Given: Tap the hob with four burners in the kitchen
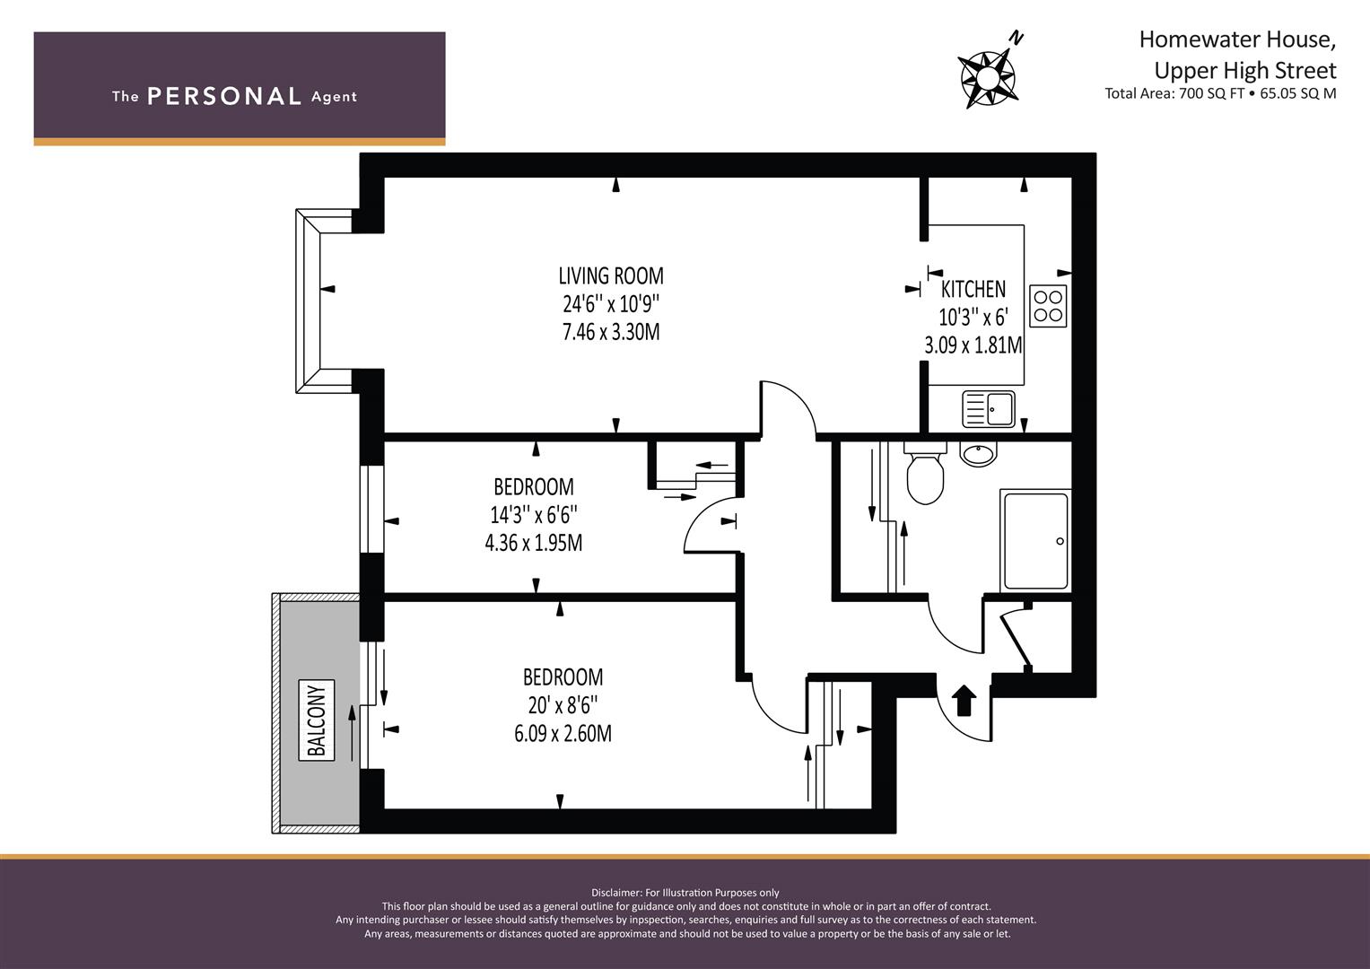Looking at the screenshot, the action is tap(1048, 305).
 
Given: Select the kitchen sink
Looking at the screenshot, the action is tap(989, 409).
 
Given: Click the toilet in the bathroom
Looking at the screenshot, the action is tap(925, 473).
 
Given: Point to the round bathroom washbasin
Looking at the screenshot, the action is tap(979, 454).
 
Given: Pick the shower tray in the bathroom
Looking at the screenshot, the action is tap(1035, 541).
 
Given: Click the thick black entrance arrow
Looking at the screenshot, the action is tap(964, 701).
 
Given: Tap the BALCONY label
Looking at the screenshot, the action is tap(316, 720).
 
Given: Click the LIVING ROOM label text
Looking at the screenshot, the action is tap(610, 276).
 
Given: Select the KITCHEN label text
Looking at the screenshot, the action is tap(973, 289).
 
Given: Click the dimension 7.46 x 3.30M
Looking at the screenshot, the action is tap(611, 332).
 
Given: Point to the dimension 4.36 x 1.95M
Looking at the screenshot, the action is tap(533, 543).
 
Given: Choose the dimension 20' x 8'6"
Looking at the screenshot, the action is tap(563, 705).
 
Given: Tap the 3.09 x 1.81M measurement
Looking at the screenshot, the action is tap(973, 345).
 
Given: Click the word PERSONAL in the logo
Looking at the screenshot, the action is tap(224, 96).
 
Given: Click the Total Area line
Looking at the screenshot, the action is tap(1220, 93).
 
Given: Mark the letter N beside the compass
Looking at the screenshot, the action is tap(1016, 39).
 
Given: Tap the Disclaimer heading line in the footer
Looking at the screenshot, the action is tap(685, 893).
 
